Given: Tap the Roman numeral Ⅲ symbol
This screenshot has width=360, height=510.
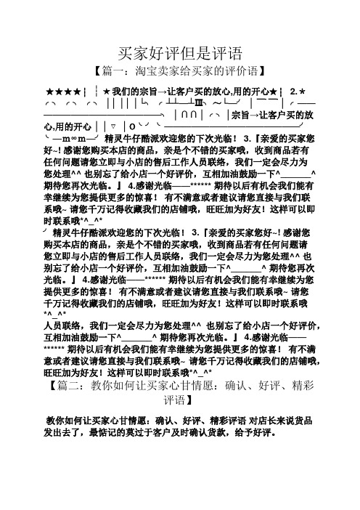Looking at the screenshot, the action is (213, 103).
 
